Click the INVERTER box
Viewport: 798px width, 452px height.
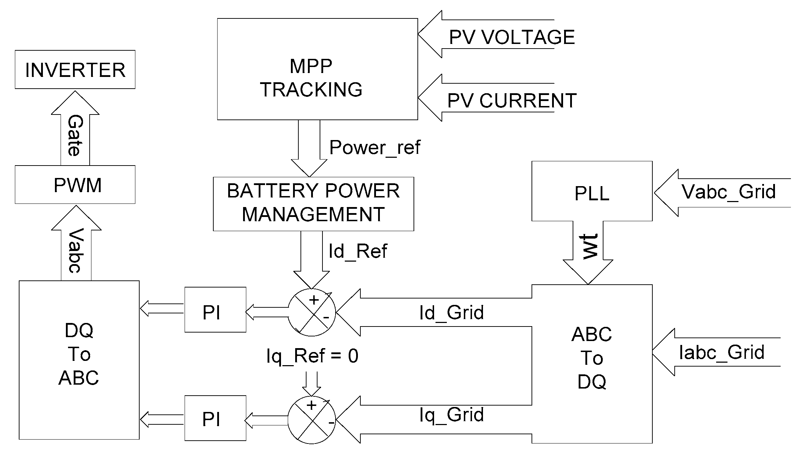pyautogui.click(x=75, y=69)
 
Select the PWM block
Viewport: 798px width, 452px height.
pyautogui.click(x=75, y=185)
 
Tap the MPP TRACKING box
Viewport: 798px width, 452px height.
pyautogui.click(x=317, y=69)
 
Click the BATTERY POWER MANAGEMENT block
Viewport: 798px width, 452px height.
pyautogui.click(x=313, y=204)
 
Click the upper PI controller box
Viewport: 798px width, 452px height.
pyautogui.click(x=215, y=309)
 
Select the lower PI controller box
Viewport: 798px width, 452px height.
pyautogui.click(x=215, y=418)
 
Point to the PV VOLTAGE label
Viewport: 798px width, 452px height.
pyautogui.click(x=512, y=37)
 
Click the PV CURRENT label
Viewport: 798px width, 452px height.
pyautogui.click(x=512, y=101)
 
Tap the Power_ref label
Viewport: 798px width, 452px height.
pyautogui.click(x=375, y=147)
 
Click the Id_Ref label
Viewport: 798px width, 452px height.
pyautogui.click(x=358, y=251)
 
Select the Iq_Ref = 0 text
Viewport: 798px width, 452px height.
pyautogui.click(x=312, y=356)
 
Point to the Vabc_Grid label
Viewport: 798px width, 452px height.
pyautogui.click(x=729, y=192)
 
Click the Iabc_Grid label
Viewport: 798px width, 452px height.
pyautogui.click(x=721, y=352)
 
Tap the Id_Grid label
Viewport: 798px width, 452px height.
pyautogui.click(x=451, y=313)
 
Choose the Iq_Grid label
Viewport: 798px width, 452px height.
pyautogui.click(x=451, y=414)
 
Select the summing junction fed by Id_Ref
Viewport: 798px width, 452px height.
pyautogui.click(x=311, y=312)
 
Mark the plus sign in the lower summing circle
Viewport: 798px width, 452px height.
pyautogui.click(x=311, y=405)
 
